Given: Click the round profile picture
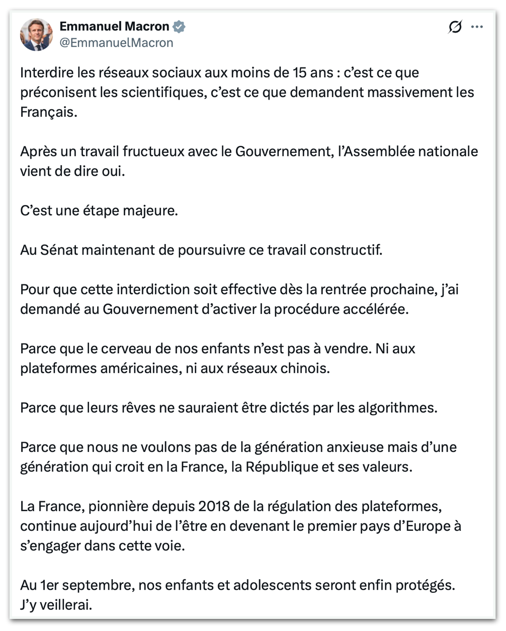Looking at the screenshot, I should point(36,34).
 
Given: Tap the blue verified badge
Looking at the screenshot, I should point(179,26).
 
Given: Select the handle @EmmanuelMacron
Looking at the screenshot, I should point(116,43).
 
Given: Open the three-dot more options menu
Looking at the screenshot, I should point(477,27).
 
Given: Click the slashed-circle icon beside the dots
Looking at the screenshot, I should point(455,27).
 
